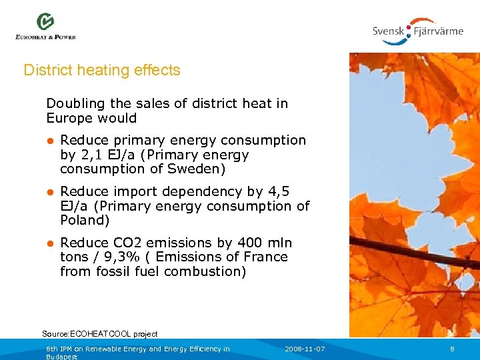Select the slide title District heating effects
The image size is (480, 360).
pyautogui.click(x=102, y=70)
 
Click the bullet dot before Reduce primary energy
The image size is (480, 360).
pyautogui.click(x=50, y=141)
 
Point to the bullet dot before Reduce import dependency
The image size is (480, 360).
pyautogui.click(x=50, y=192)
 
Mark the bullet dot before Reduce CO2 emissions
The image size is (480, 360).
pyautogui.click(x=50, y=243)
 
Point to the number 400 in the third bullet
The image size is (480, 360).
pyautogui.click(x=244, y=243)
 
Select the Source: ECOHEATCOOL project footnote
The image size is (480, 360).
pyautogui.click(x=100, y=333)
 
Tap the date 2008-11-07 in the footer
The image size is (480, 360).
pyautogui.click(x=305, y=349)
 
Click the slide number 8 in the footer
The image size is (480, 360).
pyautogui.click(x=452, y=349)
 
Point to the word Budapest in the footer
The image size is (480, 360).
pyautogui.click(x=61, y=357)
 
